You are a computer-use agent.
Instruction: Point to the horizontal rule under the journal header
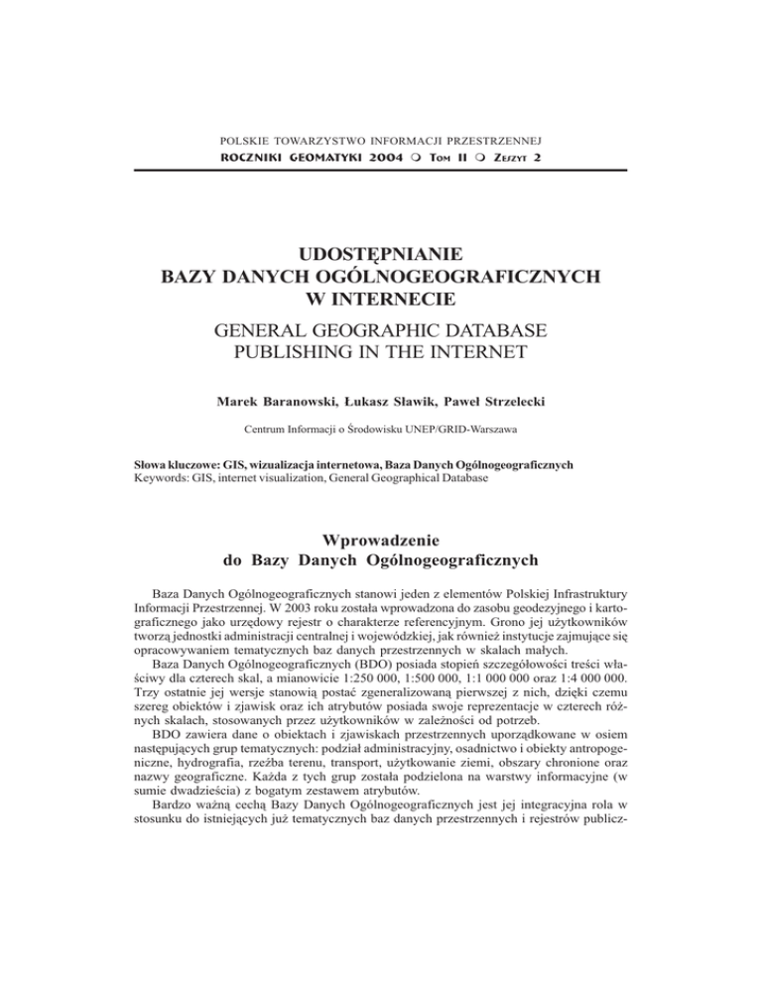[x=381, y=171]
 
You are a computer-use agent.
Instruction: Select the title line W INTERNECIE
[x=381, y=298]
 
